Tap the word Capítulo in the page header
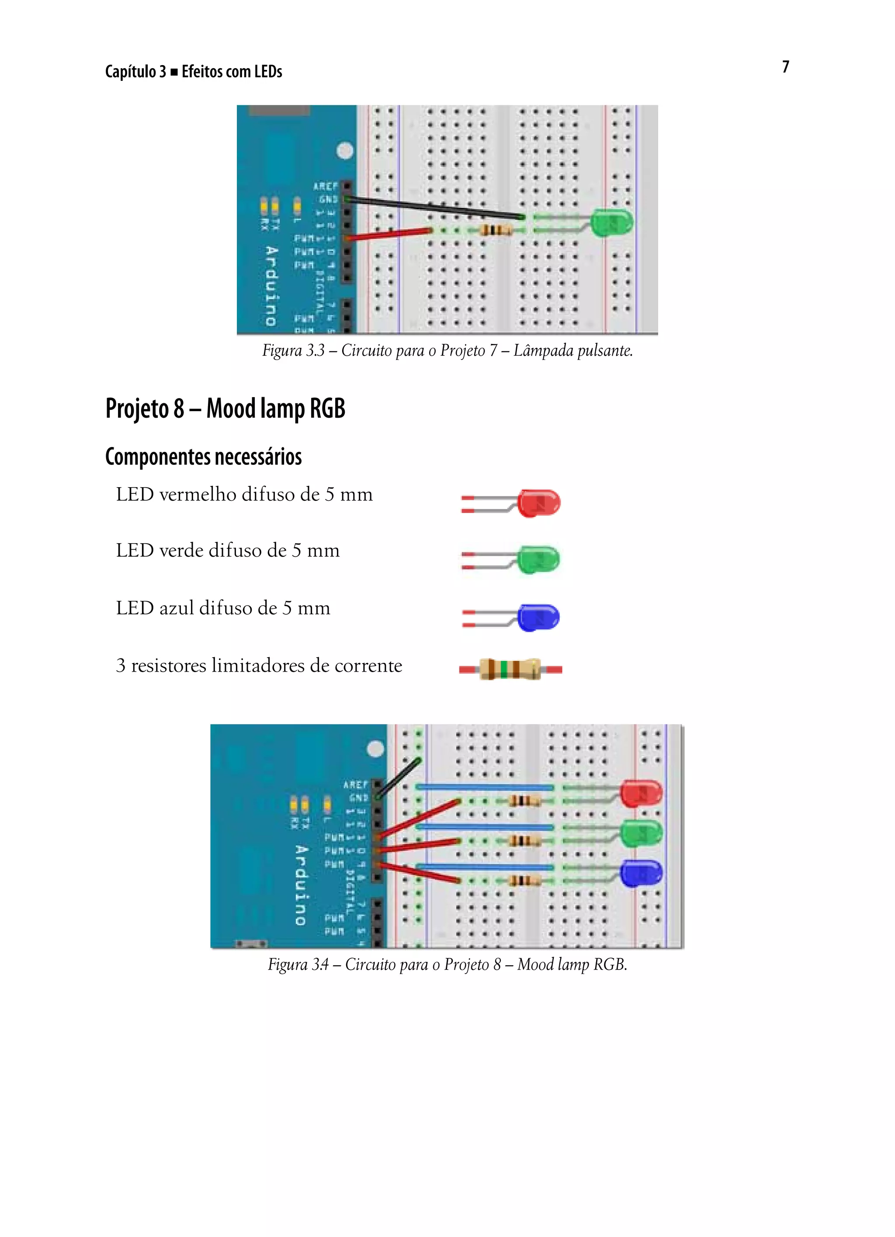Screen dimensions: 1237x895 (x=130, y=72)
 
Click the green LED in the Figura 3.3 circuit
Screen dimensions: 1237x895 (x=612, y=222)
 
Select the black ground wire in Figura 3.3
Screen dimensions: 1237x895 (x=436, y=208)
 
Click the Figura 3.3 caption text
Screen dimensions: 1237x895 (x=447, y=350)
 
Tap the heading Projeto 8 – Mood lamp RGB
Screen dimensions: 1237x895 (x=225, y=408)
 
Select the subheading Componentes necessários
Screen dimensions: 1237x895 (x=204, y=457)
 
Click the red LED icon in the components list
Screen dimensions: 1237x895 (x=538, y=503)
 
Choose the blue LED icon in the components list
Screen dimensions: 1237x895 (x=538, y=617)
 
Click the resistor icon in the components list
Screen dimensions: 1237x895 (x=510, y=669)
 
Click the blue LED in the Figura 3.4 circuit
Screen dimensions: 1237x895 (x=642, y=873)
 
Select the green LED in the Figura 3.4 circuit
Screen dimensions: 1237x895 (x=642, y=833)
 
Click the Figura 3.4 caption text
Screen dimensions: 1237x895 (x=447, y=964)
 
